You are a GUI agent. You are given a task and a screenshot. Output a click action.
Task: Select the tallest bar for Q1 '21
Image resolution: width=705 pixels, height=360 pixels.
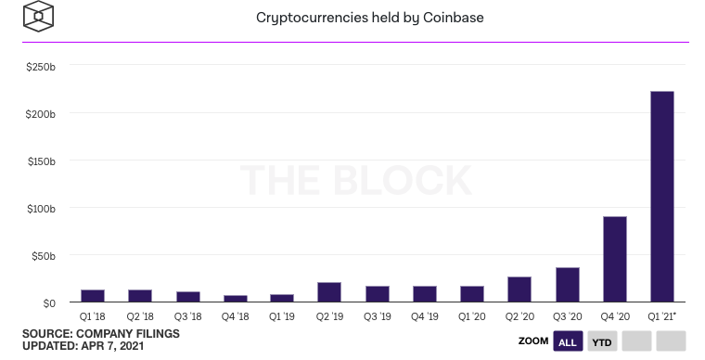[x=662, y=197]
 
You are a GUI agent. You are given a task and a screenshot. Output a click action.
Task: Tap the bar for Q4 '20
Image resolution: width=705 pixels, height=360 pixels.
[x=615, y=259]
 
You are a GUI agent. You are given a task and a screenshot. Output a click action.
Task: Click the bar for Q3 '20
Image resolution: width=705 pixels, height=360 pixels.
[x=568, y=285]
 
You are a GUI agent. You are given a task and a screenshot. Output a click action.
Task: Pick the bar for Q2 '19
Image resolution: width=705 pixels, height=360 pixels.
[x=329, y=292]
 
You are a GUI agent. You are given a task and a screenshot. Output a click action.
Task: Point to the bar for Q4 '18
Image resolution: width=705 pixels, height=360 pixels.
[x=235, y=299]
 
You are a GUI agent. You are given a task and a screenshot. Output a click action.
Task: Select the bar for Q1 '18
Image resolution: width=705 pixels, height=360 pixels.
[x=93, y=296]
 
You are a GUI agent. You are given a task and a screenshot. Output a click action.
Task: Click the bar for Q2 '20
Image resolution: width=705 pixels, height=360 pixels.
[x=519, y=289]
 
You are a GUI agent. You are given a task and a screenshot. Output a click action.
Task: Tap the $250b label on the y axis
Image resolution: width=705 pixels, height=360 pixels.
[x=40, y=67]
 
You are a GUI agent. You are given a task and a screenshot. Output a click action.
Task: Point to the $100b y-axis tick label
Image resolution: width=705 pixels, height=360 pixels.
[x=40, y=208]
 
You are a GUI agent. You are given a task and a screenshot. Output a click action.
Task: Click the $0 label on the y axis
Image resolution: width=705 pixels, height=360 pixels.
[x=48, y=302]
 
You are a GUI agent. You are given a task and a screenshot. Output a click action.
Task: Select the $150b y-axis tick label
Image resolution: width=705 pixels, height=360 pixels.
[x=40, y=161]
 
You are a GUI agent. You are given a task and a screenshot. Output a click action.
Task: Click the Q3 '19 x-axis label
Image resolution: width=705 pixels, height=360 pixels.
[x=378, y=315]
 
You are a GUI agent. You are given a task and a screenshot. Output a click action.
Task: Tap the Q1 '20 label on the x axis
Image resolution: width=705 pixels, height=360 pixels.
[x=472, y=315]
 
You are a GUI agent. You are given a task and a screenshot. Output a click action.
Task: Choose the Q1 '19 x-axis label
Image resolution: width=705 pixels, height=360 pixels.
[x=282, y=315]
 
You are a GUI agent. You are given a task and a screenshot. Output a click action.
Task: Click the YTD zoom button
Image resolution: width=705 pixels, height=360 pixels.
[x=601, y=341]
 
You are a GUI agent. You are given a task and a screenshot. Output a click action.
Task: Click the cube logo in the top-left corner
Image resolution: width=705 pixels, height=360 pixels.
[x=38, y=16]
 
